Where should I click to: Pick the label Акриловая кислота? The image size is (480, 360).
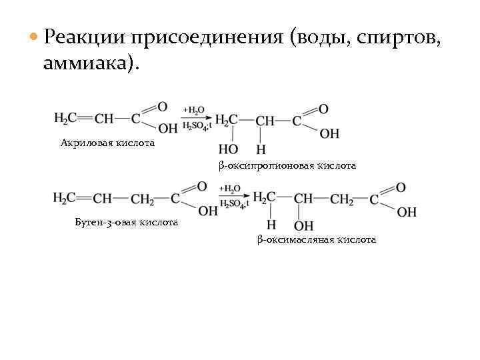tap(107, 143)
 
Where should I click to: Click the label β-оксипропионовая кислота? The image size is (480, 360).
tap(287, 165)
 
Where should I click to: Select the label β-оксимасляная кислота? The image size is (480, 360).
tap(316, 239)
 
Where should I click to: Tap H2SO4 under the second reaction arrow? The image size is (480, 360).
tap(233, 204)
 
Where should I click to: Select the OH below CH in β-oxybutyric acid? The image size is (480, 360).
tap(303, 225)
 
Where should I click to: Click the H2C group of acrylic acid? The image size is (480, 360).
tap(65, 119)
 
